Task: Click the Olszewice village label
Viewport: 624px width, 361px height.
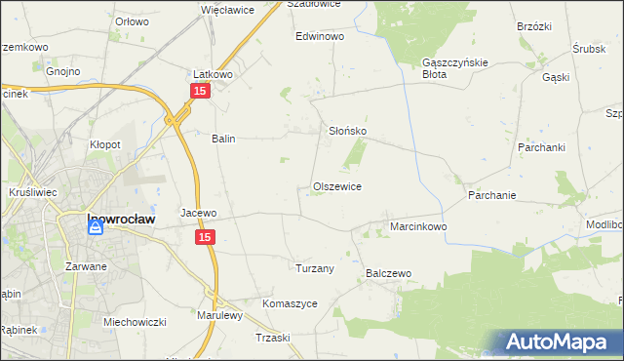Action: [x=337, y=186]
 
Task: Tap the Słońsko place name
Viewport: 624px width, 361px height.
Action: [x=346, y=131]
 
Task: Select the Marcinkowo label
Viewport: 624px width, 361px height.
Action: [x=418, y=226]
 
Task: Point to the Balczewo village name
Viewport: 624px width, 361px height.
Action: [x=390, y=274]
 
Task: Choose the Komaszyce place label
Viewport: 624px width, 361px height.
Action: [x=290, y=303]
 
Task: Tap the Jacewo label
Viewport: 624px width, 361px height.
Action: [x=199, y=213]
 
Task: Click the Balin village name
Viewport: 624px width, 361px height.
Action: [x=224, y=139]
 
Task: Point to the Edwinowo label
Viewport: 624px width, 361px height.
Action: [x=321, y=36]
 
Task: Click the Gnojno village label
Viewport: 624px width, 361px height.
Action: [x=62, y=71]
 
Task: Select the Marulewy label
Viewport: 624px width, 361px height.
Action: [x=219, y=315]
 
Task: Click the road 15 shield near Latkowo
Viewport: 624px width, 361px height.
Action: [x=199, y=91]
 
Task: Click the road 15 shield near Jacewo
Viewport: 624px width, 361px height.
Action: [x=205, y=237]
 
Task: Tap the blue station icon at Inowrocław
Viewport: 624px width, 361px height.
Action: [x=96, y=227]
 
